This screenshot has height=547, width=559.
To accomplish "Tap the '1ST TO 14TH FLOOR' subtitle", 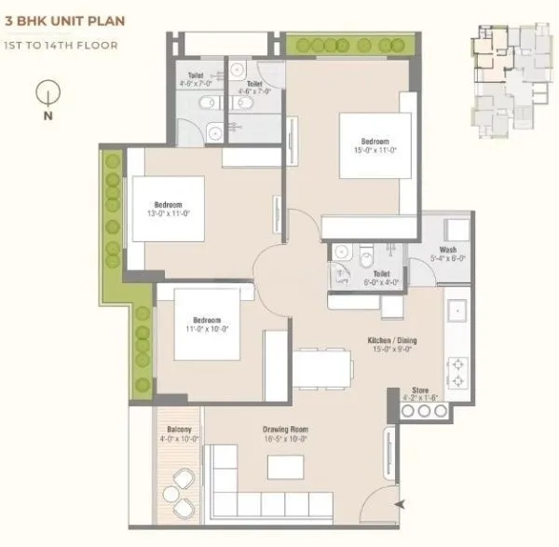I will point(61,44).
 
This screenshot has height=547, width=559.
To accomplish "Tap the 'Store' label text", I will point(420,390).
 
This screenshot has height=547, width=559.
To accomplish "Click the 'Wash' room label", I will point(448,251).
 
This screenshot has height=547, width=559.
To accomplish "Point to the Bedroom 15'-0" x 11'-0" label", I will point(370,145).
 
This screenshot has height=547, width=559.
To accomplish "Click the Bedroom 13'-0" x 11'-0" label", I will point(168,209).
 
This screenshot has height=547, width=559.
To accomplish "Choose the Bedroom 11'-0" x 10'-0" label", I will point(202,322).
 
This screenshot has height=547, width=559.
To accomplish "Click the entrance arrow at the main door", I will point(400,504).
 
